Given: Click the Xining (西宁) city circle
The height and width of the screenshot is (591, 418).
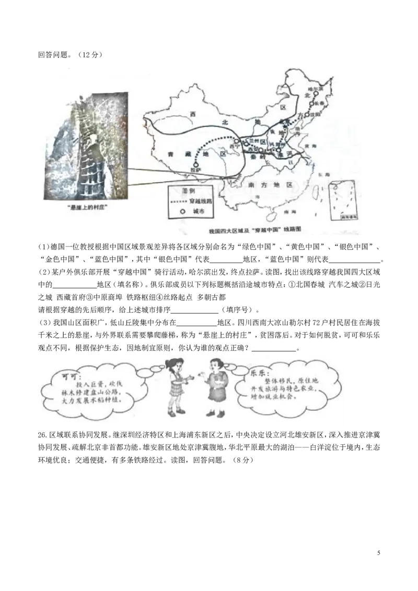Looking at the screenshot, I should point(236,141).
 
